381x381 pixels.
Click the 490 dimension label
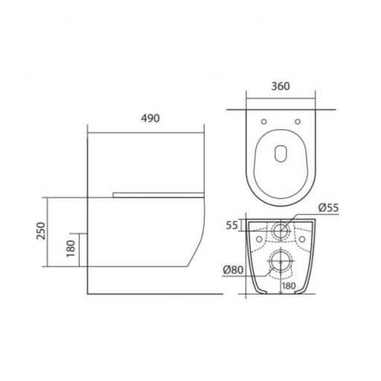click(x=150, y=118)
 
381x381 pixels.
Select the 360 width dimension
click(x=281, y=86)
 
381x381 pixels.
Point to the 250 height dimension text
click(x=41, y=231)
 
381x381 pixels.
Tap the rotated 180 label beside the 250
click(x=71, y=249)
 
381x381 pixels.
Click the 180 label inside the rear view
click(x=289, y=286)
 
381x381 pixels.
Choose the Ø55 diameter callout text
click(x=329, y=208)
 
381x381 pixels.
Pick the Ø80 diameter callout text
click(x=233, y=269)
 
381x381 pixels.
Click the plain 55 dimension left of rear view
click(x=232, y=225)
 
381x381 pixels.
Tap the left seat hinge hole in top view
click(x=264, y=121)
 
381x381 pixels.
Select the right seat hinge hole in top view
click(x=298, y=121)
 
